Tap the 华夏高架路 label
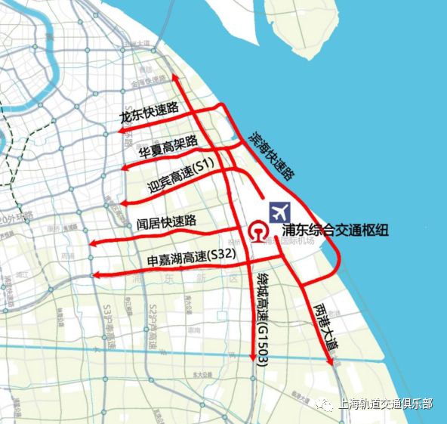(168, 147)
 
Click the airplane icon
(279, 209)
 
